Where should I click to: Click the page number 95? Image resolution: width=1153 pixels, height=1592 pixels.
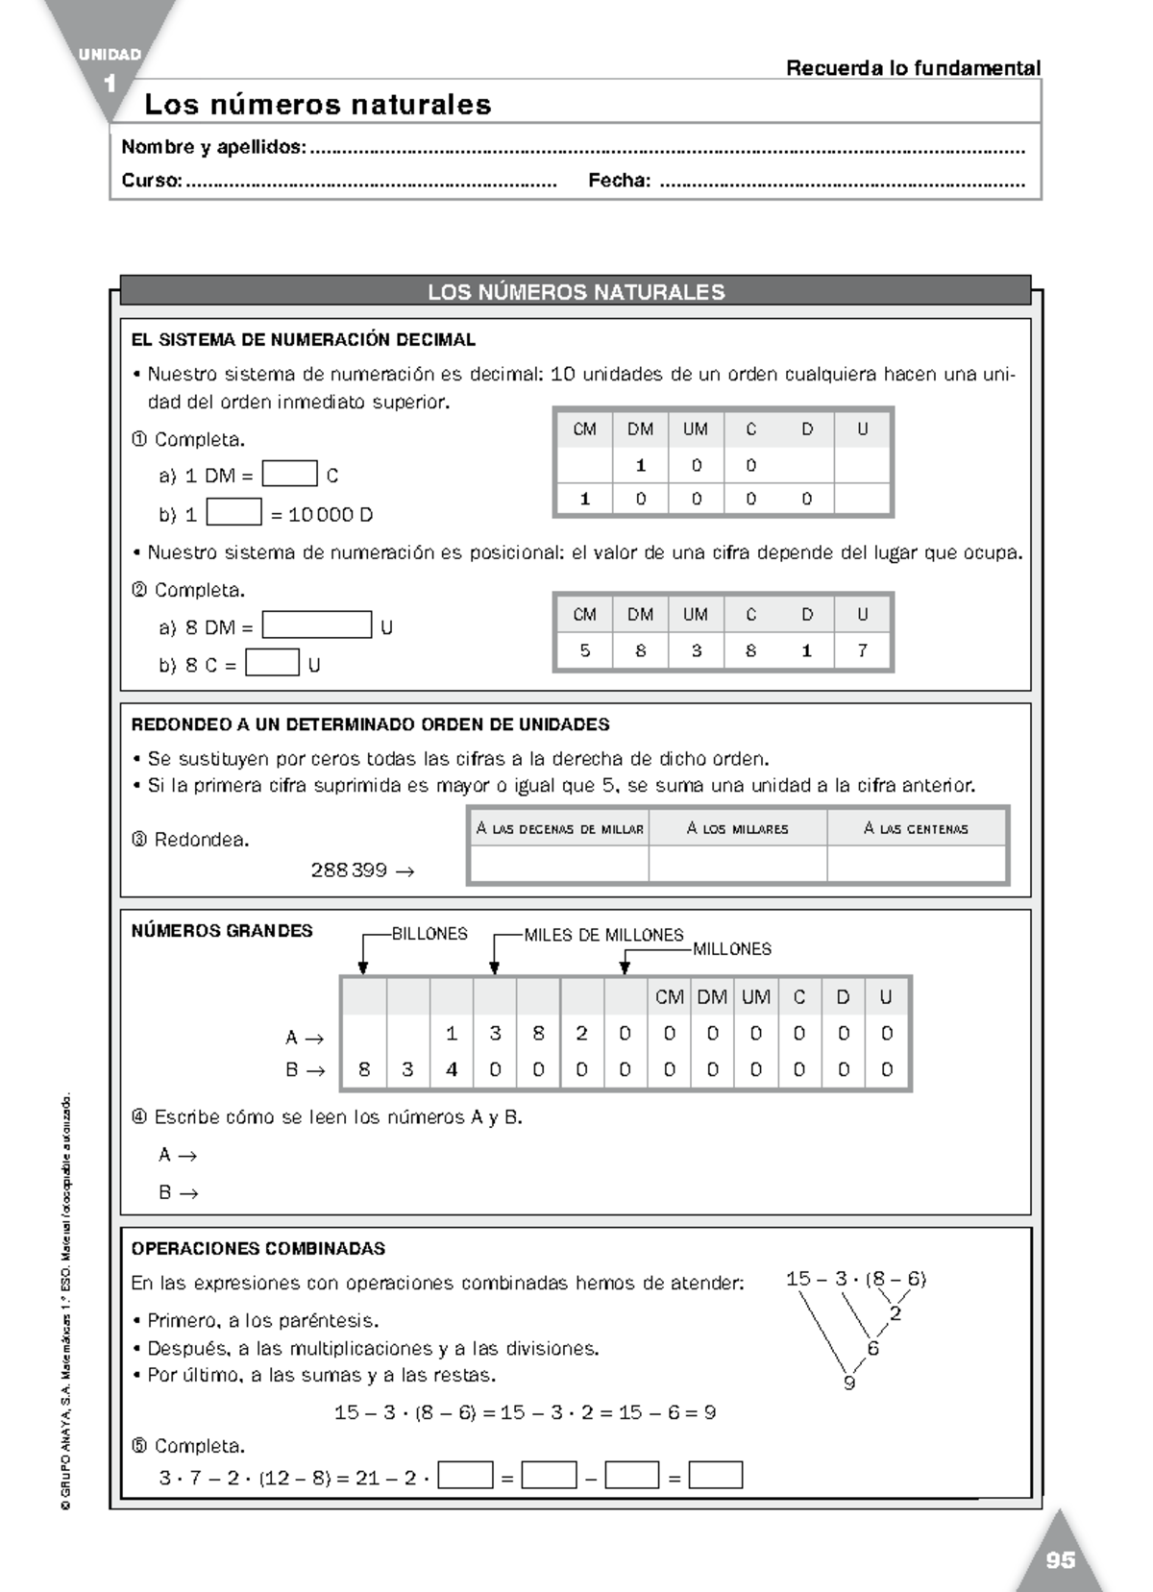1060,1560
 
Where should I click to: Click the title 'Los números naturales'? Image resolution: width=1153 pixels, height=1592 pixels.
318,104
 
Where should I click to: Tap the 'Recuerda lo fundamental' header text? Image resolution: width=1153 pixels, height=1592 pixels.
913,68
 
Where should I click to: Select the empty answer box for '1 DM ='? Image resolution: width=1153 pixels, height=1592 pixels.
289,474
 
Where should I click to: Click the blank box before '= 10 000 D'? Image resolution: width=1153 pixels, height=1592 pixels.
233,513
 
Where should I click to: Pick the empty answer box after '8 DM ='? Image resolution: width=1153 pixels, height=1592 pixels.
316,625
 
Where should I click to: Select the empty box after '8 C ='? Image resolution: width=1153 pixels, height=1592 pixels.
272,663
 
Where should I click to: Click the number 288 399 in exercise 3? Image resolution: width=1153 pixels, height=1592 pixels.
349,870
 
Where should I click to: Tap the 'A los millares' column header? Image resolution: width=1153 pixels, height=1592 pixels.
737,828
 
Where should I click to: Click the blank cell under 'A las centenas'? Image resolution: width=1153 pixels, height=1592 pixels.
916,864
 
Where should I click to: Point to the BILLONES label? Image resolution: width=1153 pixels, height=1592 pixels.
429,934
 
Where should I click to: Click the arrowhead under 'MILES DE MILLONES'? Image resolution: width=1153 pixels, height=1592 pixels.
494,967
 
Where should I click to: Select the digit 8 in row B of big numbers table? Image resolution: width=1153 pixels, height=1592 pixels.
364,1069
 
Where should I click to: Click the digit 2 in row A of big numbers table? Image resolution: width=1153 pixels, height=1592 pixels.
581,1034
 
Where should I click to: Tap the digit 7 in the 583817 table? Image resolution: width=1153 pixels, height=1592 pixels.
862,650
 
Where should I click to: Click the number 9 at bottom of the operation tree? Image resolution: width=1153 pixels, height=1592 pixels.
848,1384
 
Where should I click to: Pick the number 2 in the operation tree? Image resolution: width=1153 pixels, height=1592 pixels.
895,1313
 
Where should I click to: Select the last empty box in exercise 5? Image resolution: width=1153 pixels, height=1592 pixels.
716,1475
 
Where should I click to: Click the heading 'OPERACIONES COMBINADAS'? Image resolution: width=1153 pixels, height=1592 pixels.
258,1249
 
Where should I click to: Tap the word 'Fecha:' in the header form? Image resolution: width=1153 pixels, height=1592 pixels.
619,181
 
